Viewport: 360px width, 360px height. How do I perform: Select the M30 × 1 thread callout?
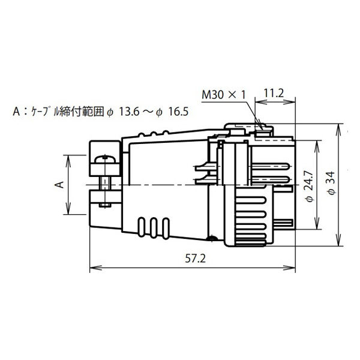[x=224, y=95]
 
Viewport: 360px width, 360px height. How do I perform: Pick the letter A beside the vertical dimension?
[x=59, y=185]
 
